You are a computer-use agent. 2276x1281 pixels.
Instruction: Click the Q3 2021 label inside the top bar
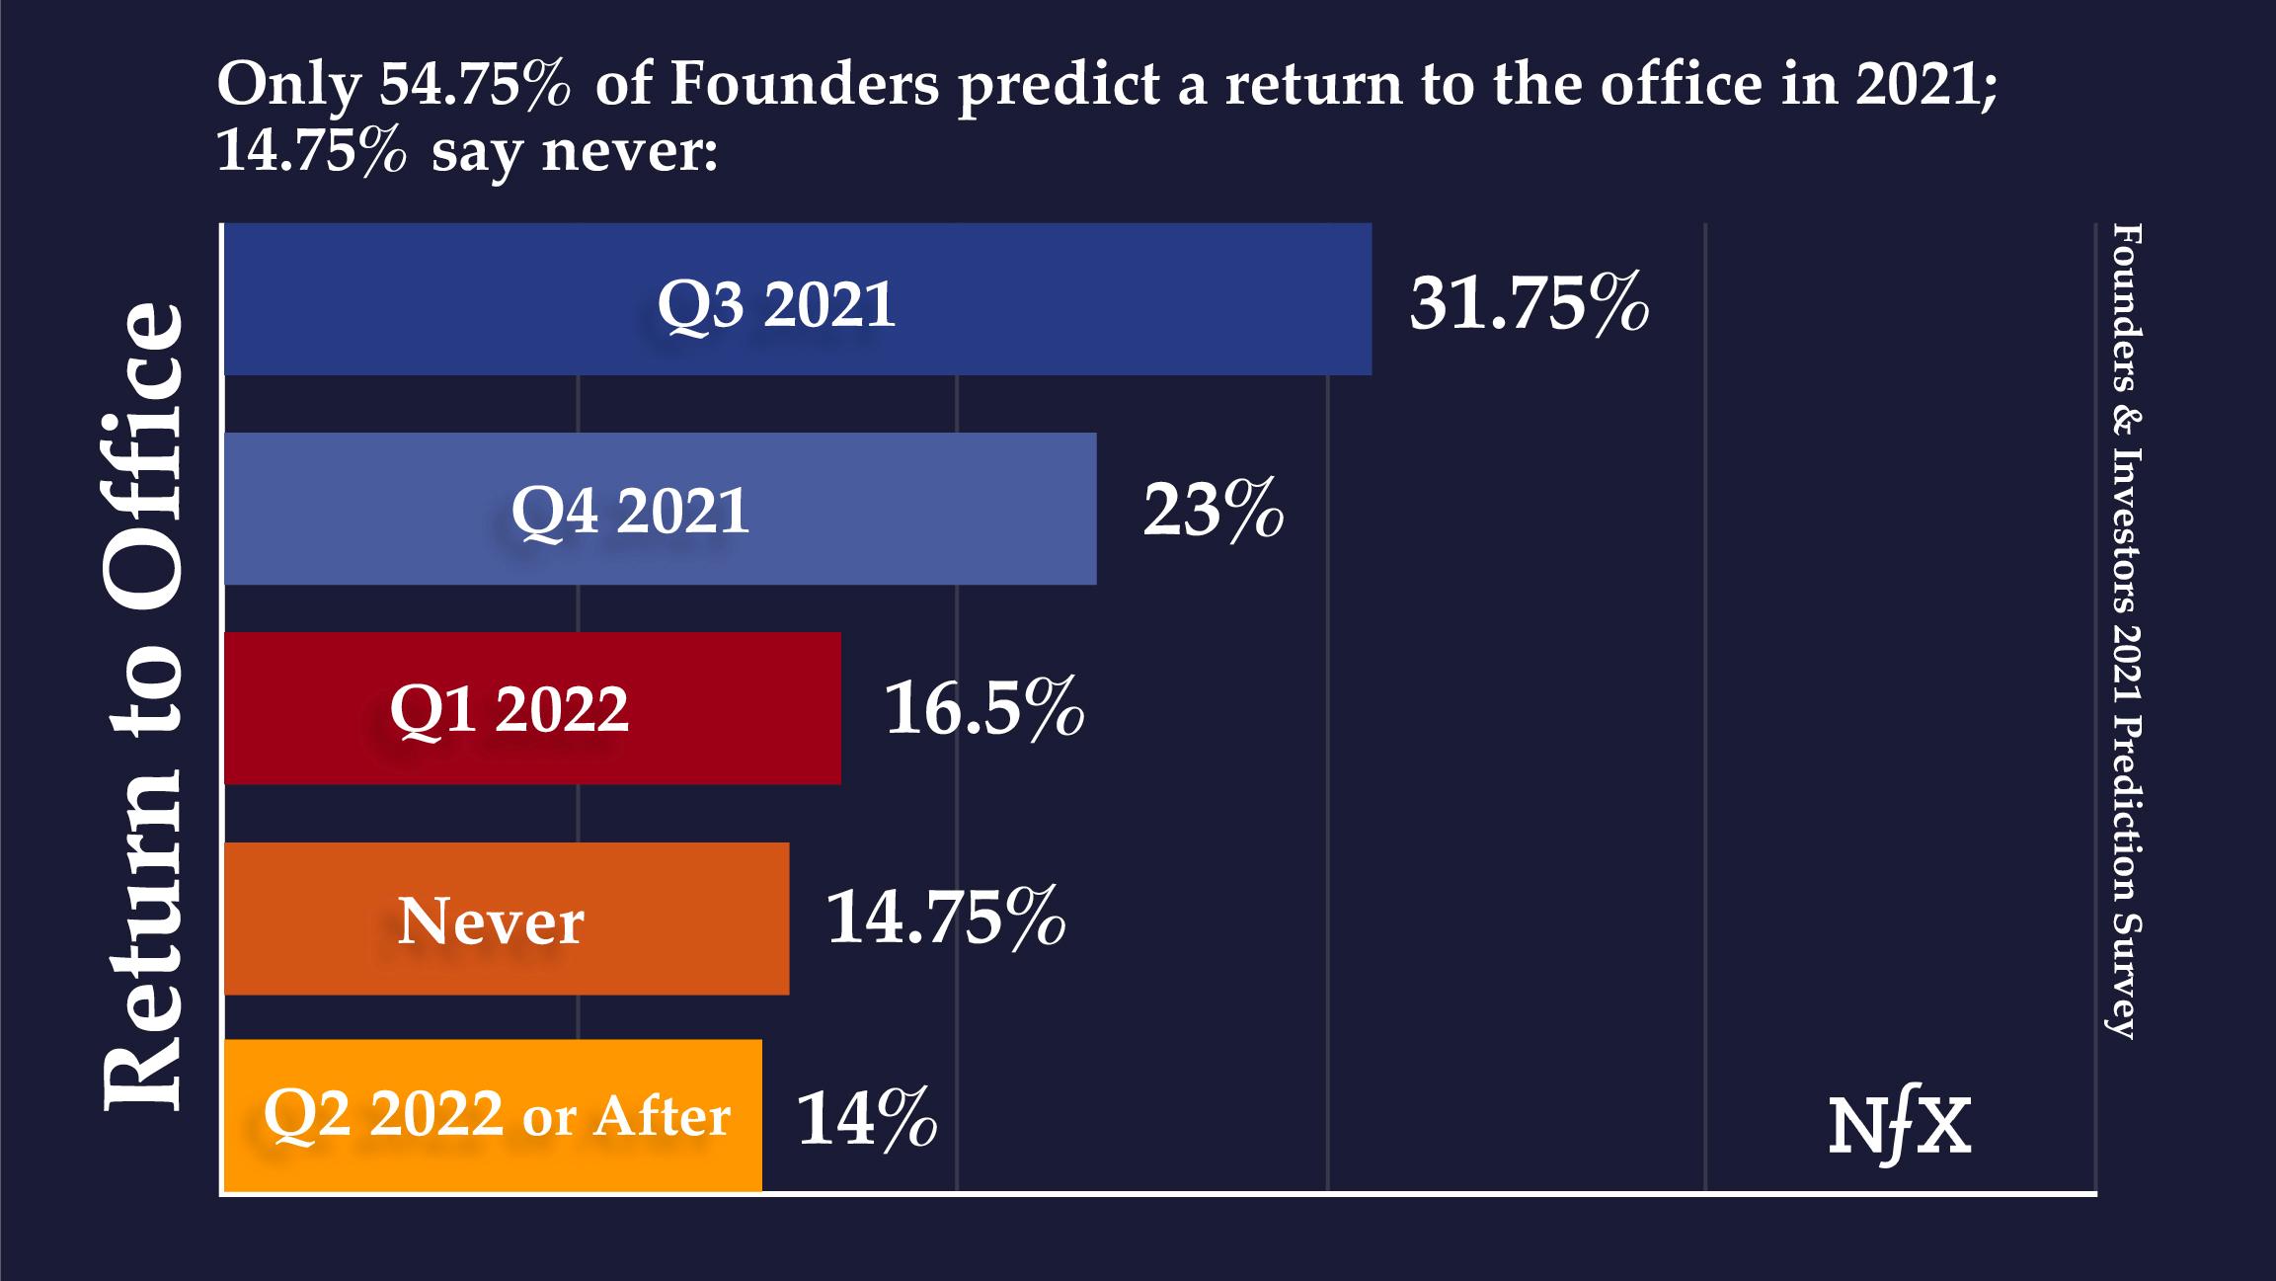pyautogui.click(x=776, y=303)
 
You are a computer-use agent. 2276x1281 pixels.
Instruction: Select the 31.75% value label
pyautogui.click(x=1529, y=303)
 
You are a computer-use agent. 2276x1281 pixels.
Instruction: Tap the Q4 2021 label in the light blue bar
pyautogui.click(x=630, y=512)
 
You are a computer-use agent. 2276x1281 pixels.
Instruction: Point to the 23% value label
pyautogui.click(x=1213, y=512)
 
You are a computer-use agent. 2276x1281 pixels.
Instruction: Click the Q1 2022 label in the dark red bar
pyautogui.click(x=509, y=709)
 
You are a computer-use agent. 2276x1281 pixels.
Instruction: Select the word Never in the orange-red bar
pyautogui.click(x=491, y=921)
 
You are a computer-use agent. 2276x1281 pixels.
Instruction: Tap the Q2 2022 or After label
pyautogui.click(x=497, y=1116)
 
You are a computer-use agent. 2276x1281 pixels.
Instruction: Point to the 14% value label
pyautogui.click(x=866, y=1119)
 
